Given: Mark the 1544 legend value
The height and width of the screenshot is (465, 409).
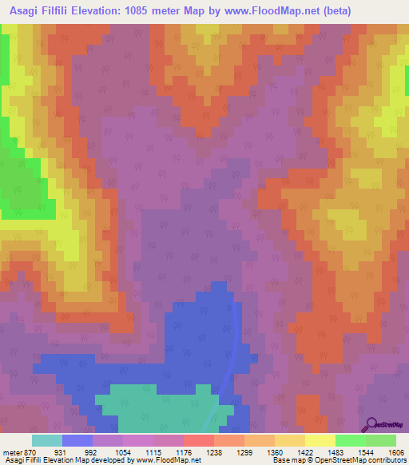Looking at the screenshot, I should [x=367, y=451].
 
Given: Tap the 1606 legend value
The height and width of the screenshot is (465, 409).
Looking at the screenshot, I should [x=395, y=451].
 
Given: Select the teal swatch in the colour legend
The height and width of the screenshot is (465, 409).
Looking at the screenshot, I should [x=46, y=440].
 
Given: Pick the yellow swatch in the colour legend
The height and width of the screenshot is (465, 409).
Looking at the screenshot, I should [x=320, y=440].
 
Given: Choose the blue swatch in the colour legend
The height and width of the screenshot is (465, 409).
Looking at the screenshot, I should [x=77, y=440].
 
